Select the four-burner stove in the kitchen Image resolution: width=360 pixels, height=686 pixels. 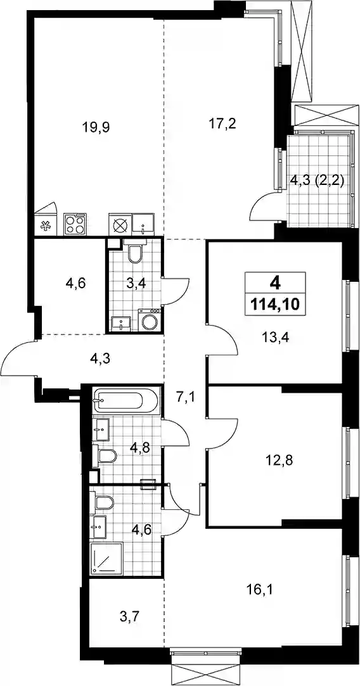click(75, 224)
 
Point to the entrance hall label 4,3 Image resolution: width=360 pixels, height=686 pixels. click(101, 360)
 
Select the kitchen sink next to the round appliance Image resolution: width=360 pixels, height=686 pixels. click(144, 225)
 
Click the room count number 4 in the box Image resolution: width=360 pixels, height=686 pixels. click(275, 284)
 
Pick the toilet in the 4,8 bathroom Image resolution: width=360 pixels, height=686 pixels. click(105, 457)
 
